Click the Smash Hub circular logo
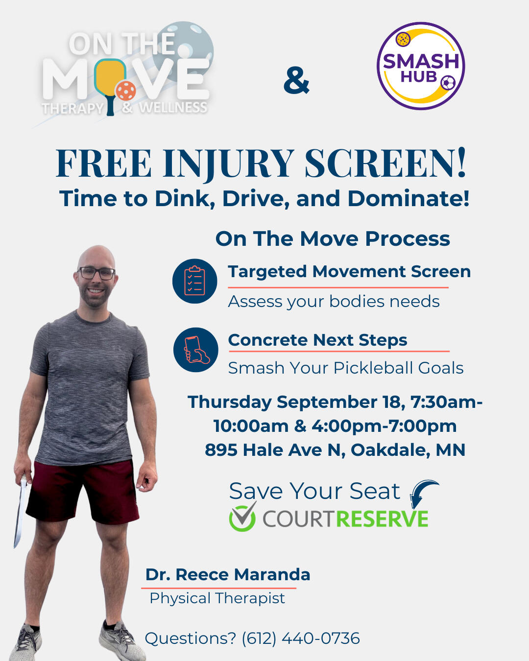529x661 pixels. [x=421, y=66]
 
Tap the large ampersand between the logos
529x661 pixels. [x=296, y=80]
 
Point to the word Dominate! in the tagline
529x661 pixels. [x=409, y=198]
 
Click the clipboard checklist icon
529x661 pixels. [x=194, y=281]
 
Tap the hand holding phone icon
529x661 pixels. [x=196, y=350]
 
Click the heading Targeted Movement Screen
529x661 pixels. [x=349, y=272]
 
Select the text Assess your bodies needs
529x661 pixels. [x=334, y=302]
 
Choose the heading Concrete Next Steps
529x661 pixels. [x=317, y=340]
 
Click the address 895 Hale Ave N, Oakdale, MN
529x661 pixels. [x=335, y=450]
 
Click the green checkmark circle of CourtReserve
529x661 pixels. [x=242, y=517]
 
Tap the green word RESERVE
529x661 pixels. [x=382, y=519]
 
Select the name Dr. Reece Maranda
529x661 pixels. [x=228, y=575]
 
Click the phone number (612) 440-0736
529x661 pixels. [x=301, y=638]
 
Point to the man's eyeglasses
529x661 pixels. [x=96, y=273]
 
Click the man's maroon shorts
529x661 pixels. [x=82, y=493]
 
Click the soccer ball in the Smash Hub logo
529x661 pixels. [x=448, y=83]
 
